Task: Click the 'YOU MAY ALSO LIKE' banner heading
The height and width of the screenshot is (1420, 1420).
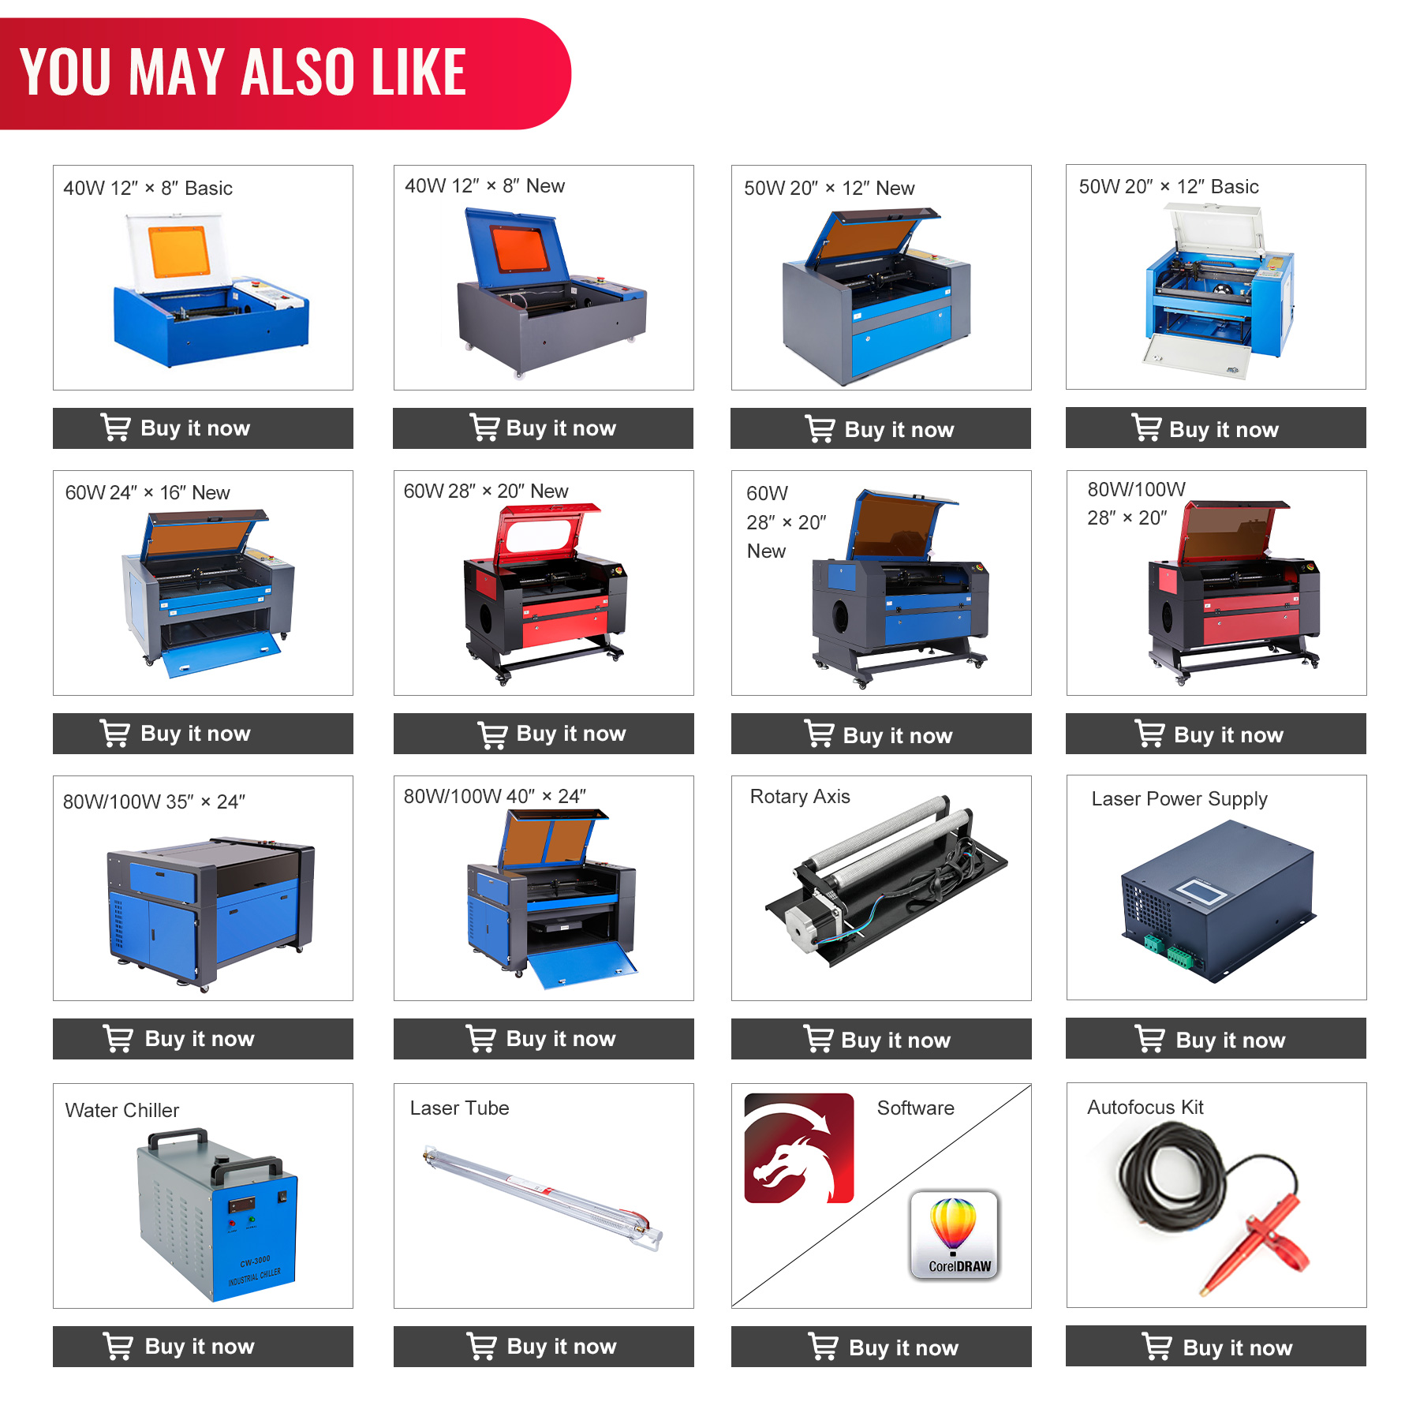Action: [x=243, y=72]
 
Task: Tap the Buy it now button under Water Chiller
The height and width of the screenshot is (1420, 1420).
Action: [x=203, y=1346]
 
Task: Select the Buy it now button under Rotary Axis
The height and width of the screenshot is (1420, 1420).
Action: [x=881, y=1039]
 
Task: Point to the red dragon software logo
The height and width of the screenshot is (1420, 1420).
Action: [x=799, y=1148]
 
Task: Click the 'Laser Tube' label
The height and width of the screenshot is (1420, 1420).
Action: [x=459, y=1108]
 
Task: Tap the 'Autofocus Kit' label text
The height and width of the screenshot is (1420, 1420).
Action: [x=1145, y=1107]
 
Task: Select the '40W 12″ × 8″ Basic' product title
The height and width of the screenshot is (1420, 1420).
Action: [x=148, y=188]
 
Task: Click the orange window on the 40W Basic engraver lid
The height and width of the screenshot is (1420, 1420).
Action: [x=179, y=252]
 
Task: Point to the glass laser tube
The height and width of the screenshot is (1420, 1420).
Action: [x=543, y=1198]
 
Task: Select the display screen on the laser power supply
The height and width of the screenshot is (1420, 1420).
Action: [x=1201, y=891]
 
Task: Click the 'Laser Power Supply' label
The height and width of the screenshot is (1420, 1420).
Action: [x=1179, y=799]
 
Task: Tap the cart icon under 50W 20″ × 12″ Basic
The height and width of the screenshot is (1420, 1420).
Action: [x=1147, y=428]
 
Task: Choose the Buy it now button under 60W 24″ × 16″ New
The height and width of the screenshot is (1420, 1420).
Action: [x=203, y=733]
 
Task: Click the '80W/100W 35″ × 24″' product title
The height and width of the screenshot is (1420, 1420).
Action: [x=154, y=802]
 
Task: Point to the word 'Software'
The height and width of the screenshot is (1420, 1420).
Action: [x=916, y=1108]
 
